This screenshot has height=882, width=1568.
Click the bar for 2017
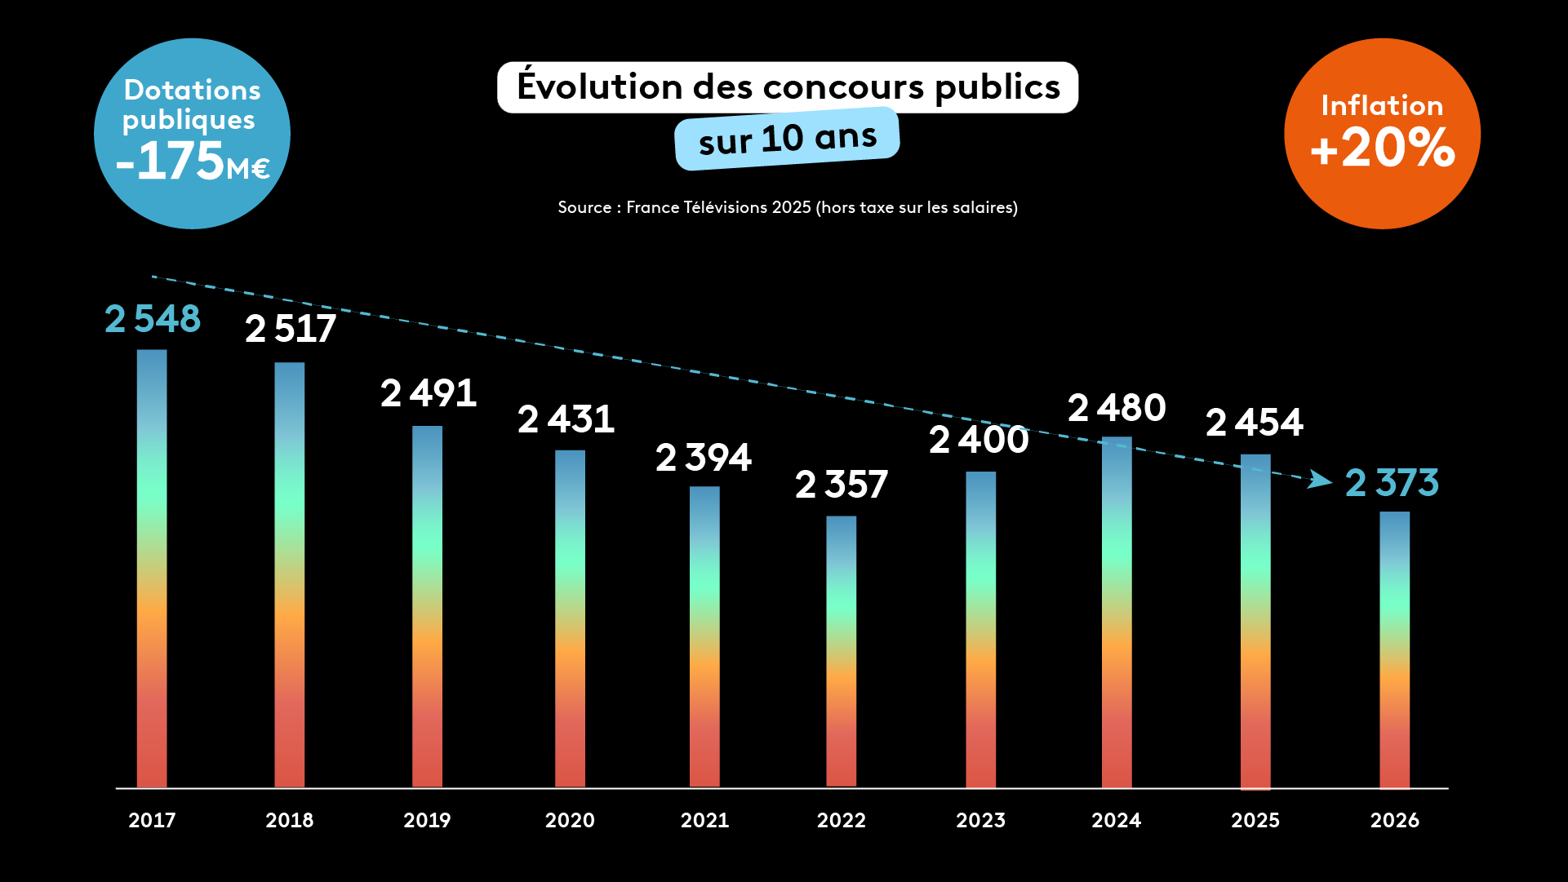click(x=152, y=568)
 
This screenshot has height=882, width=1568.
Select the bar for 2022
click(x=841, y=651)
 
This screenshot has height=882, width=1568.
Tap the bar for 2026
click(x=1394, y=649)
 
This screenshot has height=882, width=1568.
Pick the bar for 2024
click(x=1117, y=612)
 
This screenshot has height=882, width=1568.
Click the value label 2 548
click(x=153, y=319)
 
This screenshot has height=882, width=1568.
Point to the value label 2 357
click(x=842, y=485)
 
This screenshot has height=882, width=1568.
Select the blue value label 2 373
click(x=1392, y=482)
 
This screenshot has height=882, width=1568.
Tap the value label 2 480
click(x=1117, y=408)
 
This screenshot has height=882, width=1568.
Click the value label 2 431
click(x=566, y=419)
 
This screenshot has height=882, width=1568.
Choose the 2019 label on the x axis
click(x=427, y=820)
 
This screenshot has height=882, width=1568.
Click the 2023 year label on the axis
click(x=980, y=820)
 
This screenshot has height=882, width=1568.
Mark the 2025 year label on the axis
click(x=1255, y=820)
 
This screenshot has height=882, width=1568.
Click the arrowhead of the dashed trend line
click(x=1320, y=480)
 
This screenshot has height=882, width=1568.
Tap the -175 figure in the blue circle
click(x=170, y=161)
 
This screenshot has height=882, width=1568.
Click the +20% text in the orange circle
click(x=1382, y=148)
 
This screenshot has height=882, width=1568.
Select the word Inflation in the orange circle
click(x=1382, y=105)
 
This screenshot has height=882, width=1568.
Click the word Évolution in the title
click(x=600, y=86)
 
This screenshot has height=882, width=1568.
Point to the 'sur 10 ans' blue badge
click(x=787, y=139)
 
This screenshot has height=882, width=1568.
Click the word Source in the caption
click(x=584, y=207)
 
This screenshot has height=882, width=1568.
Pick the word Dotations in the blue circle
click(x=193, y=90)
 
